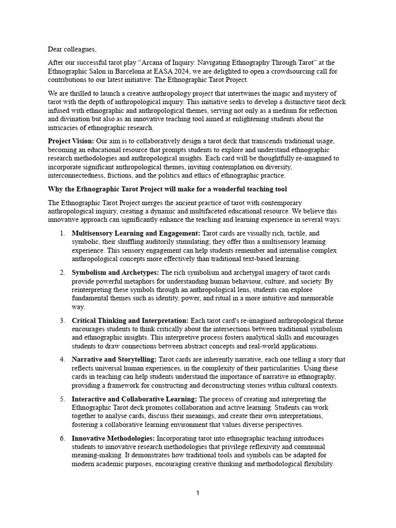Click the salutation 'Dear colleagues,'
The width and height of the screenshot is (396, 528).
(x=72, y=49)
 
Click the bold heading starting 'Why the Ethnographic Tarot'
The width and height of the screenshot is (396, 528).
(x=167, y=189)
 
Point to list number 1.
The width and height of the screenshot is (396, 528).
(x=61, y=233)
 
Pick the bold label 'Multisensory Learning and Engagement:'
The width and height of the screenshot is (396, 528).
(x=136, y=233)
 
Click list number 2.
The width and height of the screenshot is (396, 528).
(x=61, y=272)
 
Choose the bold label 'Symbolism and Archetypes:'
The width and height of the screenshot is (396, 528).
(x=116, y=272)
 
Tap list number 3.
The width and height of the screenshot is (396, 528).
(x=61, y=320)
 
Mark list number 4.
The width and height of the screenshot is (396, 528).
(x=61, y=359)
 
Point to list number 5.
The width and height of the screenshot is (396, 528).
(x=61, y=399)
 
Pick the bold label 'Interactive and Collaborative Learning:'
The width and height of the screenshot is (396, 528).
(x=134, y=399)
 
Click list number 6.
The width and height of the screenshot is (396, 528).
(x=61, y=438)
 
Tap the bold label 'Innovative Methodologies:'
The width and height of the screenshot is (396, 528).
(x=113, y=438)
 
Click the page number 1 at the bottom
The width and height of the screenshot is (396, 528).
(x=197, y=493)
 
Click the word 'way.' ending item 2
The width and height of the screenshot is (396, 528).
(x=78, y=307)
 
